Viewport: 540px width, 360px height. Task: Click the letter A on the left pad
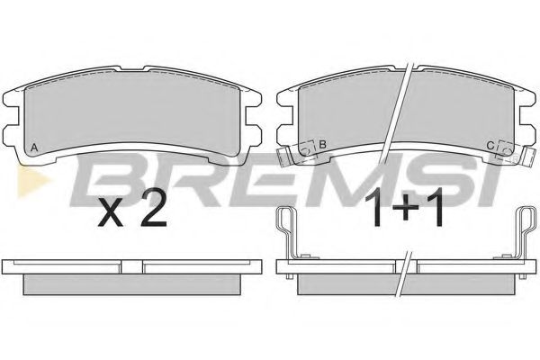tap(34, 148)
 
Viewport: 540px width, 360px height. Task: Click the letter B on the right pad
tap(323, 144)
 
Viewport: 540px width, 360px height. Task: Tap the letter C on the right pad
tap(490, 146)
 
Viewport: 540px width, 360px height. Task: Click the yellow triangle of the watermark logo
tap(31, 181)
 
